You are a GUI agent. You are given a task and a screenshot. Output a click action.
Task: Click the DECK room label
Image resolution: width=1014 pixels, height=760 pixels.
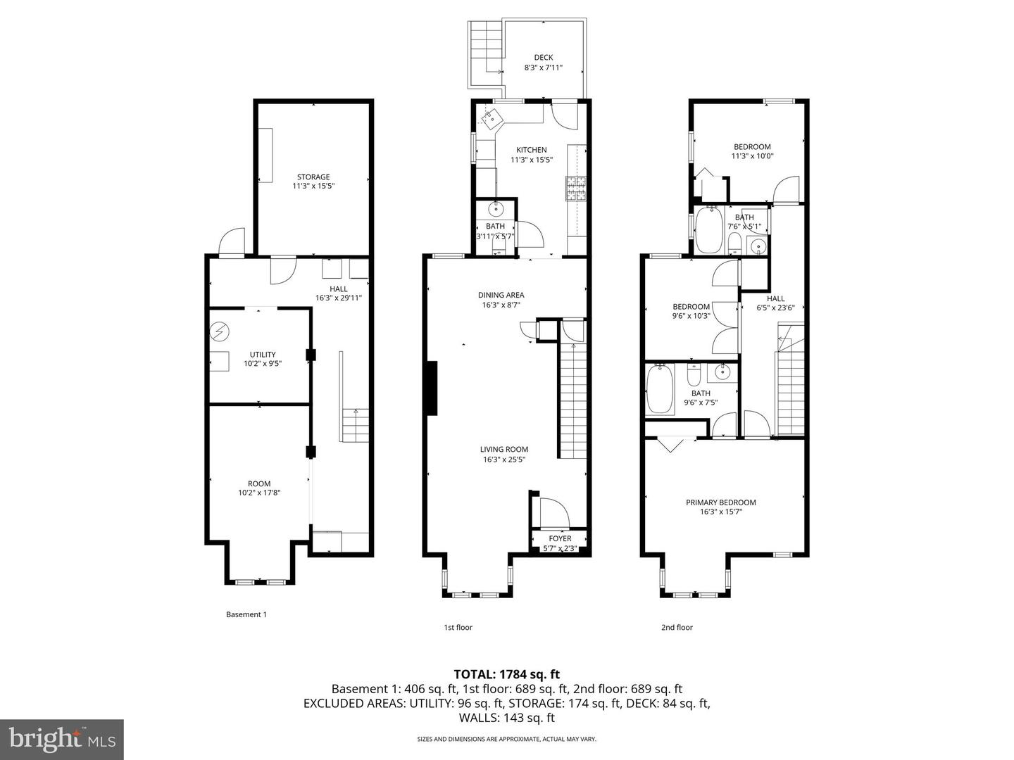pyautogui.click(x=543, y=58)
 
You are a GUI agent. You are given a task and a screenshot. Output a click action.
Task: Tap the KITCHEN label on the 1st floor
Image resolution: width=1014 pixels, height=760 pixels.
pyautogui.click(x=531, y=150)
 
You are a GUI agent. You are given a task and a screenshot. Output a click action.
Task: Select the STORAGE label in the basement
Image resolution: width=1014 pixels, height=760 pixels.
pyautogui.click(x=313, y=177)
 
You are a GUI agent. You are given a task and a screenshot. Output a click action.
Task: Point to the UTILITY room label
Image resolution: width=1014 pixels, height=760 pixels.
pyautogui.click(x=263, y=355)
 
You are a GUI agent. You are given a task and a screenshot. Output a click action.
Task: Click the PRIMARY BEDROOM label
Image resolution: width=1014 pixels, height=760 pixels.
pyautogui.click(x=720, y=502)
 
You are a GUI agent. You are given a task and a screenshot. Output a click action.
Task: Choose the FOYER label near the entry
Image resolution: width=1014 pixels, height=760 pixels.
pyautogui.click(x=561, y=539)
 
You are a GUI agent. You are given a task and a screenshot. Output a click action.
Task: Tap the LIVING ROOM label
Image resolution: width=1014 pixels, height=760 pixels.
pyautogui.click(x=503, y=450)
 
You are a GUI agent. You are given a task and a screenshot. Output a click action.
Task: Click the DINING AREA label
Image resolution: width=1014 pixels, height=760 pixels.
pyautogui.click(x=501, y=296)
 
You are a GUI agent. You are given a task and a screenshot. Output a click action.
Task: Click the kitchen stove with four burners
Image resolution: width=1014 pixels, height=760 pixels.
pyautogui.click(x=575, y=189)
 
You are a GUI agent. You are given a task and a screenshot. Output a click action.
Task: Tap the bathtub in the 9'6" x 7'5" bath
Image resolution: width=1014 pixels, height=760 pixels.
pyautogui.click(x=660, y=389)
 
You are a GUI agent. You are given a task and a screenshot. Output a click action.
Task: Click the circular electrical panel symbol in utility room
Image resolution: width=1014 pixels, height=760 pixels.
pyautogui.click(x=220, y=331)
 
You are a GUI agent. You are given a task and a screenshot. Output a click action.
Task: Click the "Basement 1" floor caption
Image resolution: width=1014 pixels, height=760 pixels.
pyautogui.click(x=246, y=614)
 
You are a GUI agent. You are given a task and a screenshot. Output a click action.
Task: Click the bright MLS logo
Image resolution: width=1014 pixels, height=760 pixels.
pyautogui.click(x=62, y=739)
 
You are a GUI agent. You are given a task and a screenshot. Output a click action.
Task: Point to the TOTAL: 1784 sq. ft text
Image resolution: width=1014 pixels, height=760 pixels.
pyautogui.click(x=506, y=674)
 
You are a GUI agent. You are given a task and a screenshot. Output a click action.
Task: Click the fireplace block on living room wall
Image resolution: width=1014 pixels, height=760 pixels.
pyautogui.click(x=431, y=388)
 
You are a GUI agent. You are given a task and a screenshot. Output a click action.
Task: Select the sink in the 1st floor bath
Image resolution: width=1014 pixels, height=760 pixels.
pyautogui.click(x=496, y=208)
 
